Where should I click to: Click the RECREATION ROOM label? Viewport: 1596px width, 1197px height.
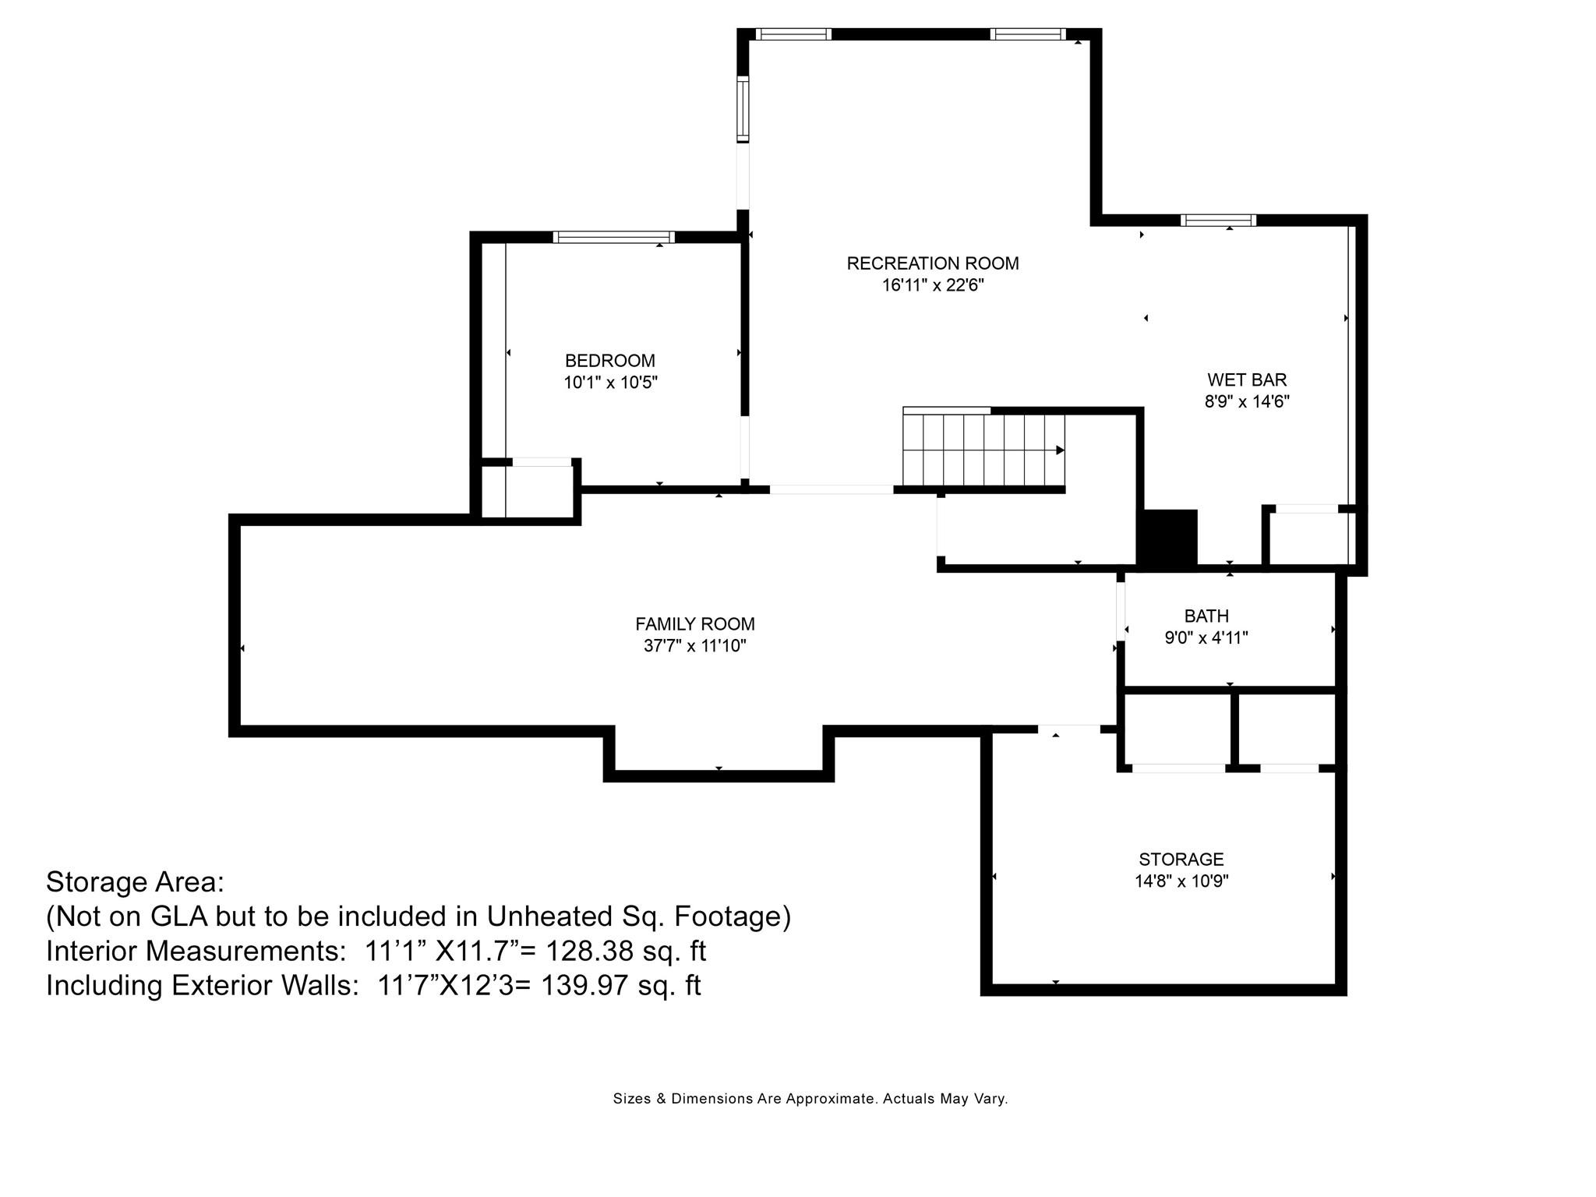point(933,263)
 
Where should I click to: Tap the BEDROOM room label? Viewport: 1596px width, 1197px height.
point(610,361)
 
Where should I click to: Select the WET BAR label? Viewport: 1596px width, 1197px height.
point(1247,380)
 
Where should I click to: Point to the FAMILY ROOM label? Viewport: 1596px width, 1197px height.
point(695,624)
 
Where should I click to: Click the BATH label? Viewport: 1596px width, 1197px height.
point(1206,616)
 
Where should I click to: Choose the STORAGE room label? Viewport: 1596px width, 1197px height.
point(1181,860)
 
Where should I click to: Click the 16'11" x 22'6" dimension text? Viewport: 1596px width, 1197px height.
point(933,285)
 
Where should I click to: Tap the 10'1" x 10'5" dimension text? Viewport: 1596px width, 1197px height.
point(611,383)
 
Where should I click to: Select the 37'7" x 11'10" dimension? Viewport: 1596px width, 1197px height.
point(695,646)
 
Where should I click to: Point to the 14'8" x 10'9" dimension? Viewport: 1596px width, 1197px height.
point(1181,881)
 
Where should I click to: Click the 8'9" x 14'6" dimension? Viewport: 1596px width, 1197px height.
point(1247,401)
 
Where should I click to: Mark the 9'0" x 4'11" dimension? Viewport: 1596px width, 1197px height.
point(1206,638)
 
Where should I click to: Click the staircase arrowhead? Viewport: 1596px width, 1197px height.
point(1061,450)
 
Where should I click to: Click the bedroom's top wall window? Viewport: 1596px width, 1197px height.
point(614,237)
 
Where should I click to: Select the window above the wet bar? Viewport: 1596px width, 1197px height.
point(1218,220)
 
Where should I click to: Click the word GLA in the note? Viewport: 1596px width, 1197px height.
point(178,916)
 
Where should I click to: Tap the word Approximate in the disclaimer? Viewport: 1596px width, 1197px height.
point(830,1099)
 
